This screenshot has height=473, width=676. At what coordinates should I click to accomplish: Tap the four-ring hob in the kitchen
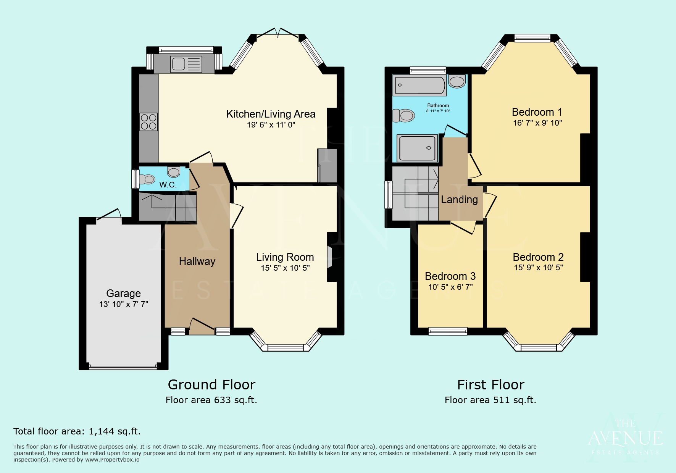148,122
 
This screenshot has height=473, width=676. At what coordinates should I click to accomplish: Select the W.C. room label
168,185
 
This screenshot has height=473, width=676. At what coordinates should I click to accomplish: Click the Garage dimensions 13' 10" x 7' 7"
123,304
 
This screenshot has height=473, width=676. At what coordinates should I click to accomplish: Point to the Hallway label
197,262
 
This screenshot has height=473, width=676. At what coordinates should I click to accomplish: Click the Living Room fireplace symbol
329,257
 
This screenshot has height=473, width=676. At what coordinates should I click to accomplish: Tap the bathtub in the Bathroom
420,85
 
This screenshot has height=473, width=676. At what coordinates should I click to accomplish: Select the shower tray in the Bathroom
417,148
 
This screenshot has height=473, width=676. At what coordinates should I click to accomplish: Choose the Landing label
459,200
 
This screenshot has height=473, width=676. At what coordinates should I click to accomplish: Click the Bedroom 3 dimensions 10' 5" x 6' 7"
450,287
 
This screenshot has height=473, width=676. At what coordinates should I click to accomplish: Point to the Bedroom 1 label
537,112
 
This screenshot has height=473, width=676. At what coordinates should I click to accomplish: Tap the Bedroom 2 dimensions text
538,268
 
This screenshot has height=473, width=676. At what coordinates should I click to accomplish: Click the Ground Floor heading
211,384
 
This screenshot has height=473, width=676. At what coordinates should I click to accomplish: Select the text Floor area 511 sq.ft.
490,400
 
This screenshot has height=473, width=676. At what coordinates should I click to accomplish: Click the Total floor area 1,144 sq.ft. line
77,431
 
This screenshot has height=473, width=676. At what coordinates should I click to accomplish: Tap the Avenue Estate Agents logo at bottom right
625,437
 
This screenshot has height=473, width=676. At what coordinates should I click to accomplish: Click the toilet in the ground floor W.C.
147,179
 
